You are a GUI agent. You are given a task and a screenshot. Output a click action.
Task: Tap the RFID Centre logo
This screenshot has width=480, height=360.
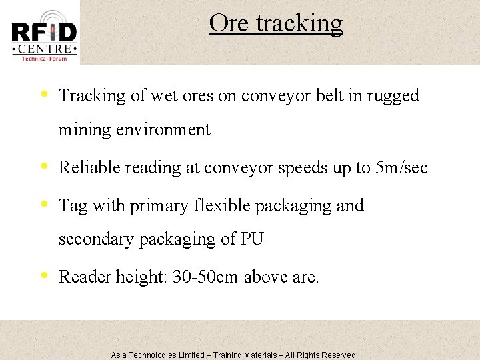click(x=44, y=35)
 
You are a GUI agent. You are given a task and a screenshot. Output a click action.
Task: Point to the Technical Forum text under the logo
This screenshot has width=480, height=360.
click(x=44, y=59)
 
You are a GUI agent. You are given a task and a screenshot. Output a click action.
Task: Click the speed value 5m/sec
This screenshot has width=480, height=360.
click(x=402, y=167)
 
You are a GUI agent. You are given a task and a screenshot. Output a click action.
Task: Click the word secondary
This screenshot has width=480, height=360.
click(x=96, y=239)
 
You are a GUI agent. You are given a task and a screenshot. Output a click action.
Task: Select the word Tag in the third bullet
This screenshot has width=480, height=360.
click(x=72, y=207)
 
